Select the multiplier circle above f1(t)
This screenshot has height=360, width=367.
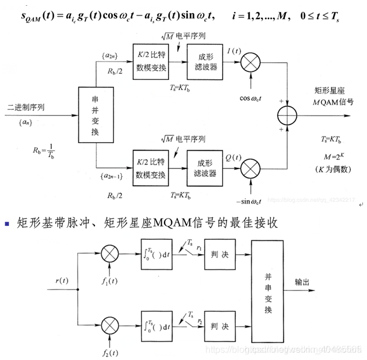(x=111, y=254)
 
